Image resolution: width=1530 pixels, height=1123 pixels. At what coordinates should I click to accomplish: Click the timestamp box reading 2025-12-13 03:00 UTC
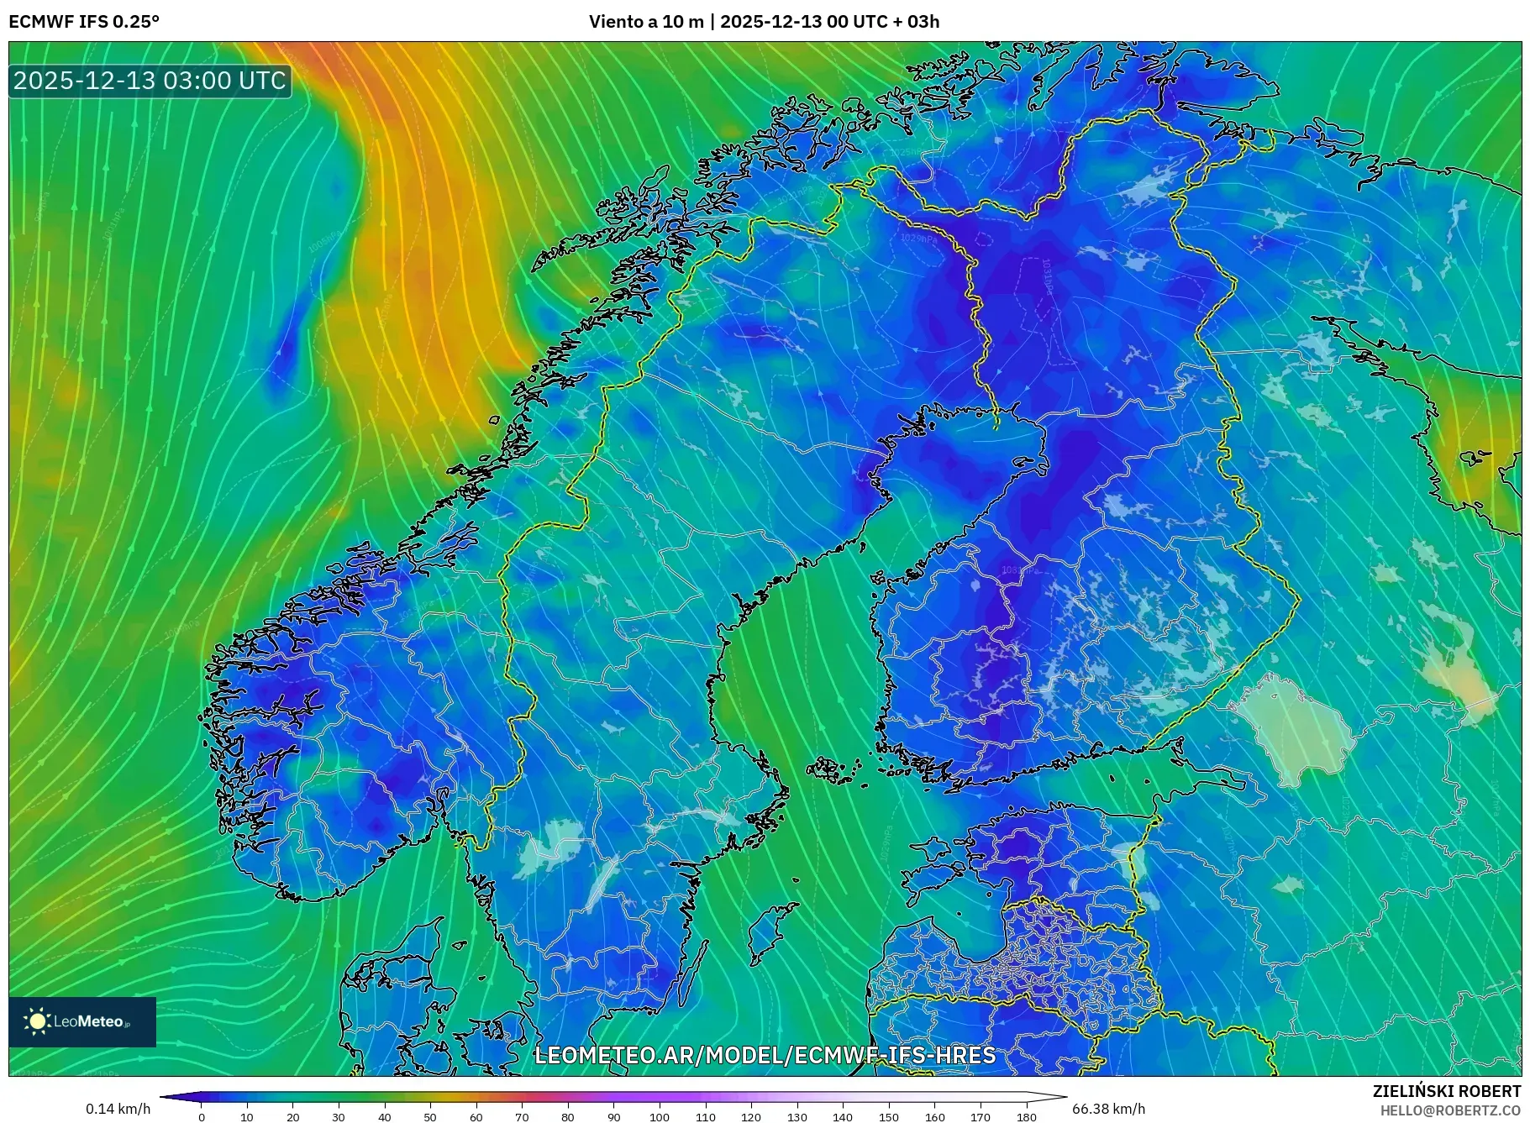coord(150,81)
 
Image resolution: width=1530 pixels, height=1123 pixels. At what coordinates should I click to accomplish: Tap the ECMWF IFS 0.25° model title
coord(84,22)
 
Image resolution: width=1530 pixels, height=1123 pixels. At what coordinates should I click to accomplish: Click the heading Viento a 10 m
coord(646,22)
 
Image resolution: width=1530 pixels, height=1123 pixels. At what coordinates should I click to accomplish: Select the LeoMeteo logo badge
coord(82,1021)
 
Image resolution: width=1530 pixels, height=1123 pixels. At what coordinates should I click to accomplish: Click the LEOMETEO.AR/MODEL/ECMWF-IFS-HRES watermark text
coord(765,1055)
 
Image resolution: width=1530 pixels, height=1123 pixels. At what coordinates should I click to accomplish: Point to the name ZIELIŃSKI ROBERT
coord(1446,1091)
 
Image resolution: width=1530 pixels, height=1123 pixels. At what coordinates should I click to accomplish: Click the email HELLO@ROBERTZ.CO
coord(1450,1110)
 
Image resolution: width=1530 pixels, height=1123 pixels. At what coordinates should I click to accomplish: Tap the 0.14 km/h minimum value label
coord(118,1109)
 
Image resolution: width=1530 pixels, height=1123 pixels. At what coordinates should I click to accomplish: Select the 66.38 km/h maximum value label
coord(1108,1109)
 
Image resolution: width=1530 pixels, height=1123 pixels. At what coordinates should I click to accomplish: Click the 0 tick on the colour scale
coord(202,1117)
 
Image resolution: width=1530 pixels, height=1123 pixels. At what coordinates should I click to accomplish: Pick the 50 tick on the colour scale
coord(430,1117)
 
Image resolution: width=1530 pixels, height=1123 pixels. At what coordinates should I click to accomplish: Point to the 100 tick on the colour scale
coord(660,1117)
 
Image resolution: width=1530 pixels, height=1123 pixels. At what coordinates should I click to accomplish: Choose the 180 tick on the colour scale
coord(1026,1117)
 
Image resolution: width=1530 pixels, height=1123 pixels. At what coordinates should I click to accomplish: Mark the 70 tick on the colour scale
coord(522,1117)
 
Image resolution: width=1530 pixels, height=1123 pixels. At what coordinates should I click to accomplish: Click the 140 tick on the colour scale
coord(843,1117)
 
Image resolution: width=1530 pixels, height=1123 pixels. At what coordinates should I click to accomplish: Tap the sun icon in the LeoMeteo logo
coord(38,1021)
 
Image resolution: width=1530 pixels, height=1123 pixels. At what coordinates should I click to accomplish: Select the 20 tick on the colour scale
coord(292,1117)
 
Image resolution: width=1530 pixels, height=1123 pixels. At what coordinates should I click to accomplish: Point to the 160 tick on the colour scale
coord(934,1117)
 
